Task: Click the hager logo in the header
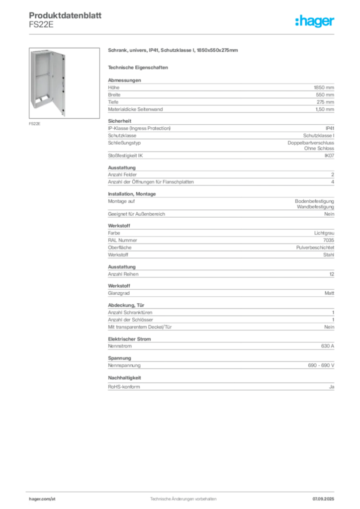(x=314, y=21)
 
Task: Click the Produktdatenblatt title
(x=65, y=15)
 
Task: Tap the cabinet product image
(x=64, y=83)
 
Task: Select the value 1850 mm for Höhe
(x=324, y=87)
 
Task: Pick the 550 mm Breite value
(x=325, y=95)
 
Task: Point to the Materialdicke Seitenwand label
(x=135, y=109)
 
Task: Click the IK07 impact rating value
(x=329, y=156)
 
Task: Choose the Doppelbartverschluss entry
(x=311, y=143)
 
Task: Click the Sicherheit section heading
(x=119, y=121)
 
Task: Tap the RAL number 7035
(x=329, y=240)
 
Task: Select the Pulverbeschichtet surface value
(x=315, y=248)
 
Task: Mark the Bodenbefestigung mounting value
(x=314, y=201)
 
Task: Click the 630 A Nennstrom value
(x=328, y=346)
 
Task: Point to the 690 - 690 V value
(x=321, y=365)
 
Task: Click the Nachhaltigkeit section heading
(x=124, y=378)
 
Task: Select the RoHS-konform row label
(x=124, y=387)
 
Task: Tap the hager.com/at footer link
(x=42, y=499)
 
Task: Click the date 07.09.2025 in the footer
(x=323, y=499)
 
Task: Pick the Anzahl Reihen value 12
(x=332, y=274)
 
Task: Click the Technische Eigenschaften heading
(x=138, y=68)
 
